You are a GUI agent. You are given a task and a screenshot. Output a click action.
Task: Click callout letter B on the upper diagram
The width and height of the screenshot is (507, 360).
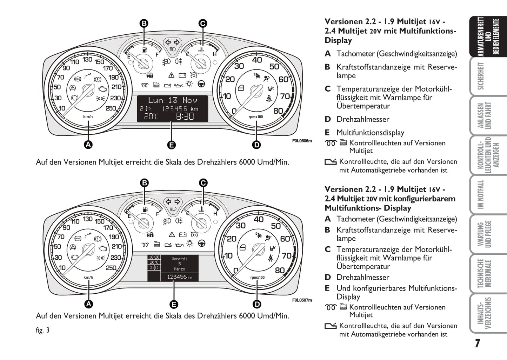pos(144,24)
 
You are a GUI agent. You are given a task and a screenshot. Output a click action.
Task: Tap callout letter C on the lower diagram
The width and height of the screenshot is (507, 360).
pos(203,183)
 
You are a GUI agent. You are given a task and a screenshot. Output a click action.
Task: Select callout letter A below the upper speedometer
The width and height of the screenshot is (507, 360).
pos(88,144)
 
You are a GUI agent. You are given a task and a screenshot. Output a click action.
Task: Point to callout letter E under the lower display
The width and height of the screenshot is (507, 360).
pos(173,304)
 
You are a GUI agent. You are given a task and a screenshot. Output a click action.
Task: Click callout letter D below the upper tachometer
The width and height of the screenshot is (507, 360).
pos(256,145)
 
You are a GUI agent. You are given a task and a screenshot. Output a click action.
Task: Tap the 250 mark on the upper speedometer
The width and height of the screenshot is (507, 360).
pos(111,108)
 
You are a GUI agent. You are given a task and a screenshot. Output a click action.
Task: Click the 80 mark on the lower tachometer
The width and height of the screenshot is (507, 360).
pos(280,270)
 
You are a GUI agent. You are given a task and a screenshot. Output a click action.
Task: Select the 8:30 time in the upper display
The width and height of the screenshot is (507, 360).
pos(185,116)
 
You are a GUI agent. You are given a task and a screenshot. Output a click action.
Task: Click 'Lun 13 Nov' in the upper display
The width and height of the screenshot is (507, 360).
pos(172,100)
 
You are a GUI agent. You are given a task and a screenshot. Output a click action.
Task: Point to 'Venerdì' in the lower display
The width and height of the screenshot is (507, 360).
pos(179,259)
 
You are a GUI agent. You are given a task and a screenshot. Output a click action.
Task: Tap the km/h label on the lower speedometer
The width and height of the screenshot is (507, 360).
pos(88,278)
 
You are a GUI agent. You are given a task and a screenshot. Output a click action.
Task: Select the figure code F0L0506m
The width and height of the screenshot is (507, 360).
pos(302,141)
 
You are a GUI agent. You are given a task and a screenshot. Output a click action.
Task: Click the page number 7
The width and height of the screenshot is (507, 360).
pos(477,343)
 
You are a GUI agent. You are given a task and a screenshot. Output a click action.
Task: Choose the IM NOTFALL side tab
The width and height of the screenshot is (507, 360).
pos(481,194)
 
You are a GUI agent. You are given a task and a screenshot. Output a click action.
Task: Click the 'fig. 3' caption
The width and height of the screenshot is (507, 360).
pos(42,330)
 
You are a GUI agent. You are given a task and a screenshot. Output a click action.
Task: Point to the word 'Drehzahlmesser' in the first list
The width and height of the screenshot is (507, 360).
pos(363,119)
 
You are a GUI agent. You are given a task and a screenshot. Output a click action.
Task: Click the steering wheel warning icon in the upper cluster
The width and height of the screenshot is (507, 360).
pos(201,84)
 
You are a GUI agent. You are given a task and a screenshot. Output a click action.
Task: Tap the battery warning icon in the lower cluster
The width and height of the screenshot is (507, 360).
pos(182,235)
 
